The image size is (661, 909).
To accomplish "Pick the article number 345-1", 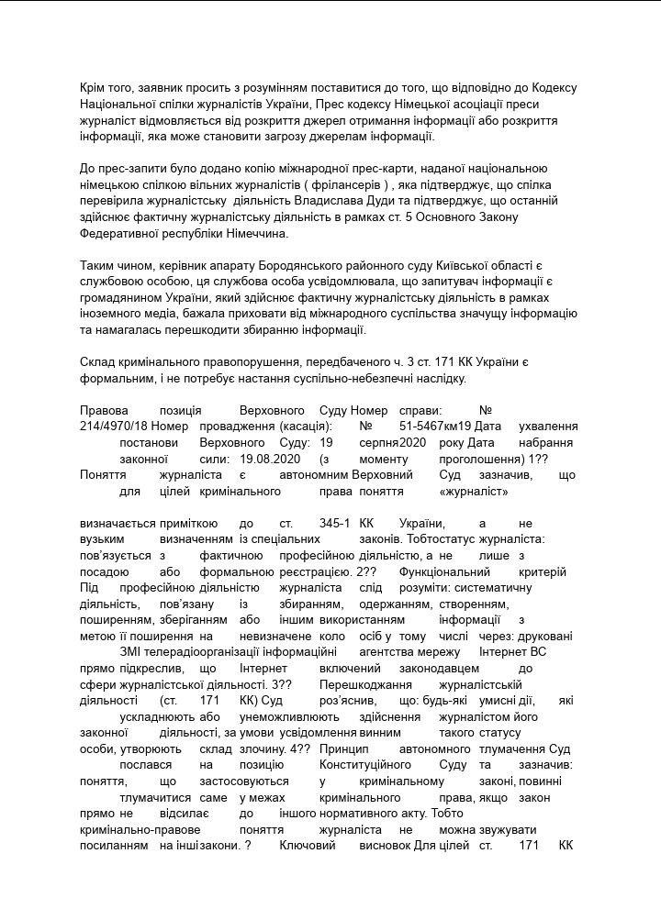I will click(x=335, y=523).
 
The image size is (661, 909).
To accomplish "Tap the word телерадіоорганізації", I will click(x=197, y=651).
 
